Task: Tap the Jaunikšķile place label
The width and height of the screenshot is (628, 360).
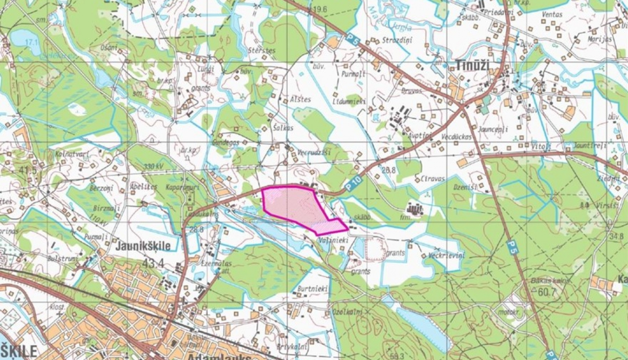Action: pos(143,246)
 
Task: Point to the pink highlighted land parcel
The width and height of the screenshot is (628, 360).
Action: pos(293,205)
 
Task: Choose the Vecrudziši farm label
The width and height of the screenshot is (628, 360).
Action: pos(314,153)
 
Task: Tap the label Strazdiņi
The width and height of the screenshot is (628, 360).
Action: pos(397,40)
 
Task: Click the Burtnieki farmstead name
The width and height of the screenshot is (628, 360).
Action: pos(312,288)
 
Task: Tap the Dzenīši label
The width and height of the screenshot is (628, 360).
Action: pos(465,188)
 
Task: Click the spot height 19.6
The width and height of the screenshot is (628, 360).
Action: pos(319,9)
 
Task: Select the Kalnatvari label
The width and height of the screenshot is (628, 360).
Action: pos(72,154)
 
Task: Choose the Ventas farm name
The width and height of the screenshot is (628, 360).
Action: pos(552,14)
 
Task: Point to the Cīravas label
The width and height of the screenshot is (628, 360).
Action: pos(432,179)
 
